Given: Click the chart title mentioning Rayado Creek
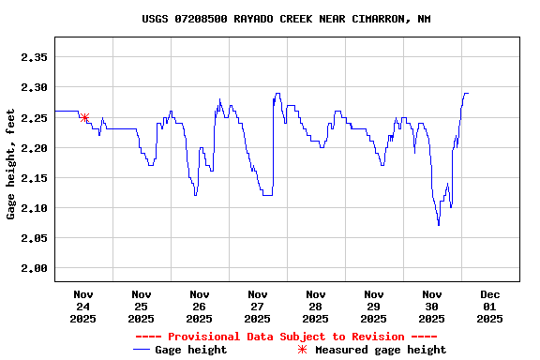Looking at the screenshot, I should pos(286,19).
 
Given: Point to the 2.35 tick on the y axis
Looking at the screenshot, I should pos(34,57).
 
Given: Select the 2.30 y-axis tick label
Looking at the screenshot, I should pos(34,87).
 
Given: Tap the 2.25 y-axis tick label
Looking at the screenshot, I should pos(34,117).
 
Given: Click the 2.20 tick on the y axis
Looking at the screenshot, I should pos(34,147).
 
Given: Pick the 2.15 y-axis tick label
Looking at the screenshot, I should pos(34,177).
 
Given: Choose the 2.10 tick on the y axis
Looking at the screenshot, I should pos(34,207).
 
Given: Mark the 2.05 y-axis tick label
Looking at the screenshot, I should pos(34,238).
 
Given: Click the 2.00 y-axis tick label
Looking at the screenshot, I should pos(34,268).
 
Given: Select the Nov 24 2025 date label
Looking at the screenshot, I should pos(83,306).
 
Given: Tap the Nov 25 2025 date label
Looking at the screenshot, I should pos(142,306).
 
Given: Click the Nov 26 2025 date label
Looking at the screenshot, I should pos(200,306).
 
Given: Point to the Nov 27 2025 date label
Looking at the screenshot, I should pos(258,306).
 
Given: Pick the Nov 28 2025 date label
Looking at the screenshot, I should pos(316,306).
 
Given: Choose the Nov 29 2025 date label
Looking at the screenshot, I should pos(374,306).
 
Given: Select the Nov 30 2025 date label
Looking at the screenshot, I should pos(432,306).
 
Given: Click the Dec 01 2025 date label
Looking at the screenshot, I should pos(490,306).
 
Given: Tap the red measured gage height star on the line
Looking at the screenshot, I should pos(84,118).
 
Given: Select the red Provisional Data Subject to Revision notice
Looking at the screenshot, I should pos(286,337).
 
